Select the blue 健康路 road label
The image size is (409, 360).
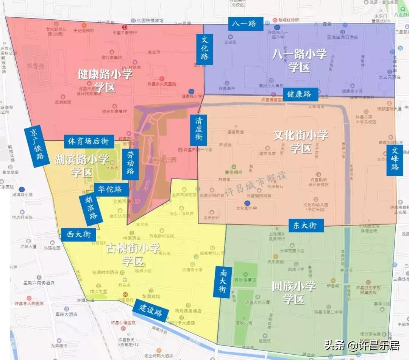[299, 94]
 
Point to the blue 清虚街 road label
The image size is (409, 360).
[198, 130]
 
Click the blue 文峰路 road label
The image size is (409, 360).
[395, 160]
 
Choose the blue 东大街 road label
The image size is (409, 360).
[305, 225]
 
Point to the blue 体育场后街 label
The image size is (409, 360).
[89, 141]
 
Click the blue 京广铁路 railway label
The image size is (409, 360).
[37, 147]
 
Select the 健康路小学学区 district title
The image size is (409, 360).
[105, 81]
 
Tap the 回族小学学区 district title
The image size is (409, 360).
[294, 293]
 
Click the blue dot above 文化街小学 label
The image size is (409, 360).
[247, 203]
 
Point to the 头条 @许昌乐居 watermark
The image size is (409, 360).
[362, 346]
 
